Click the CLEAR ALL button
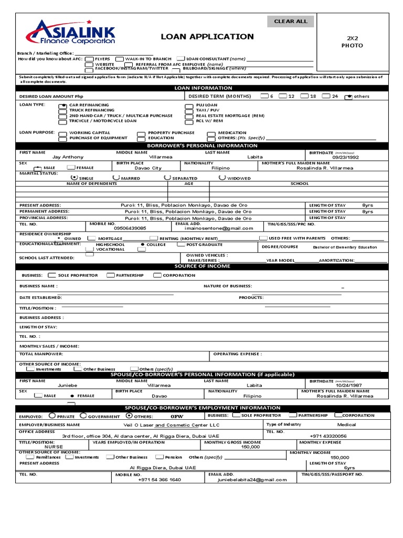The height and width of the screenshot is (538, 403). (291, 22)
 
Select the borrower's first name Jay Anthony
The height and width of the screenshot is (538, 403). (68, 157)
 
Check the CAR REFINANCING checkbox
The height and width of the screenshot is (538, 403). (63, 106)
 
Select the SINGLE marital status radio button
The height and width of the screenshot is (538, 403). (73, 178)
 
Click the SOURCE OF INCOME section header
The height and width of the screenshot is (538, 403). (203, 266)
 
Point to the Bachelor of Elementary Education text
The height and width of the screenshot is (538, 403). (345, 247)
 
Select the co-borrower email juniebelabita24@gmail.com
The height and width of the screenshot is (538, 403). (254, 480)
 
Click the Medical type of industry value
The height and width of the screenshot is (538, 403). (346, 425)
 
